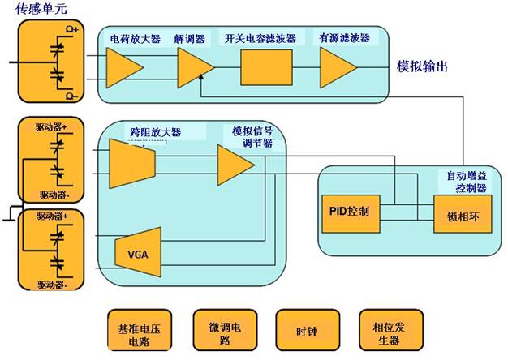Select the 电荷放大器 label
coord(135,37)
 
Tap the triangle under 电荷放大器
coord(124,67)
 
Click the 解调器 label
coord(192,37)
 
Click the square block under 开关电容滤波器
coord(265,67)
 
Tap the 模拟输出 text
coord(422,66)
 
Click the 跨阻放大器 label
coord(155,131)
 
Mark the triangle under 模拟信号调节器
coord(235,165)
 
